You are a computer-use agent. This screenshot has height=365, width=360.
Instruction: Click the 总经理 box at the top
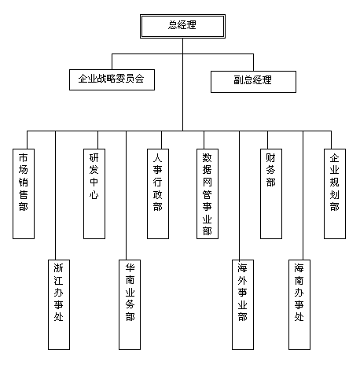coord(182,26)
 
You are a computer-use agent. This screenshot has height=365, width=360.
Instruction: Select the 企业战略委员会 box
coord(112,79)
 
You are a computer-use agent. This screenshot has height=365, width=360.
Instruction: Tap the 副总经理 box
coord(253,82)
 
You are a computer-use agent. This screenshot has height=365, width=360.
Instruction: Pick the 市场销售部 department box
coord(24,194)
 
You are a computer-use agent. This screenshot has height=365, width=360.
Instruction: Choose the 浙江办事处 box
coord(59,304)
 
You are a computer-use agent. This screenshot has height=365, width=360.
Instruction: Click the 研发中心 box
coord(94,194)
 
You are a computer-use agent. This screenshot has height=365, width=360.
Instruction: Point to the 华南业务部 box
coord(130,304)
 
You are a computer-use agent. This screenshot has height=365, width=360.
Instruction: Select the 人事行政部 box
coord(158,194)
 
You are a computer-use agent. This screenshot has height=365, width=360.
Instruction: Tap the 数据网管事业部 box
coord(208,194)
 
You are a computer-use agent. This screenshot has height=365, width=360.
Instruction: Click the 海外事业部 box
coord(243,304)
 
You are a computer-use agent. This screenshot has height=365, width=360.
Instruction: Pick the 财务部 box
coord(271,194)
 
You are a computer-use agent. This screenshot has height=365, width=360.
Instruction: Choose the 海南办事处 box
coord(299,304)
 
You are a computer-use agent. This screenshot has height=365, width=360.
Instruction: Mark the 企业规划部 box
coord(335,194)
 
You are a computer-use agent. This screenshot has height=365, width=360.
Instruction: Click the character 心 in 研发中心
coord(94,195)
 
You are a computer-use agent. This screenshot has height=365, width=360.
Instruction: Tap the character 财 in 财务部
coord(270,158)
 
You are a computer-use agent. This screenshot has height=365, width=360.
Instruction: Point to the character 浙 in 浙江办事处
coord(58,268)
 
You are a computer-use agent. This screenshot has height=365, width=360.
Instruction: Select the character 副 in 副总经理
coord(239,80)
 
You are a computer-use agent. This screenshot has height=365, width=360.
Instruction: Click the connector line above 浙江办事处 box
coord(56,195)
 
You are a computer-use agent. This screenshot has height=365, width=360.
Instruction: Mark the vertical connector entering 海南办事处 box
coord(303,195)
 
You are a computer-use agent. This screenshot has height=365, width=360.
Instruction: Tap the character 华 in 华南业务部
coord(130,268)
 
